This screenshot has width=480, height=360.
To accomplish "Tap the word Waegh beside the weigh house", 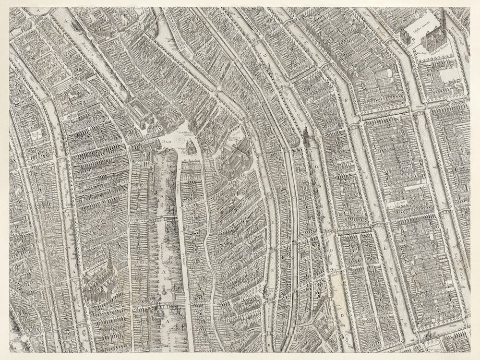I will coord(181,149).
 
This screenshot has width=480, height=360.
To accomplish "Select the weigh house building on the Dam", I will coord(191,146).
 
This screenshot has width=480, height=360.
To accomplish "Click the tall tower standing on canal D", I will coord(305,134).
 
